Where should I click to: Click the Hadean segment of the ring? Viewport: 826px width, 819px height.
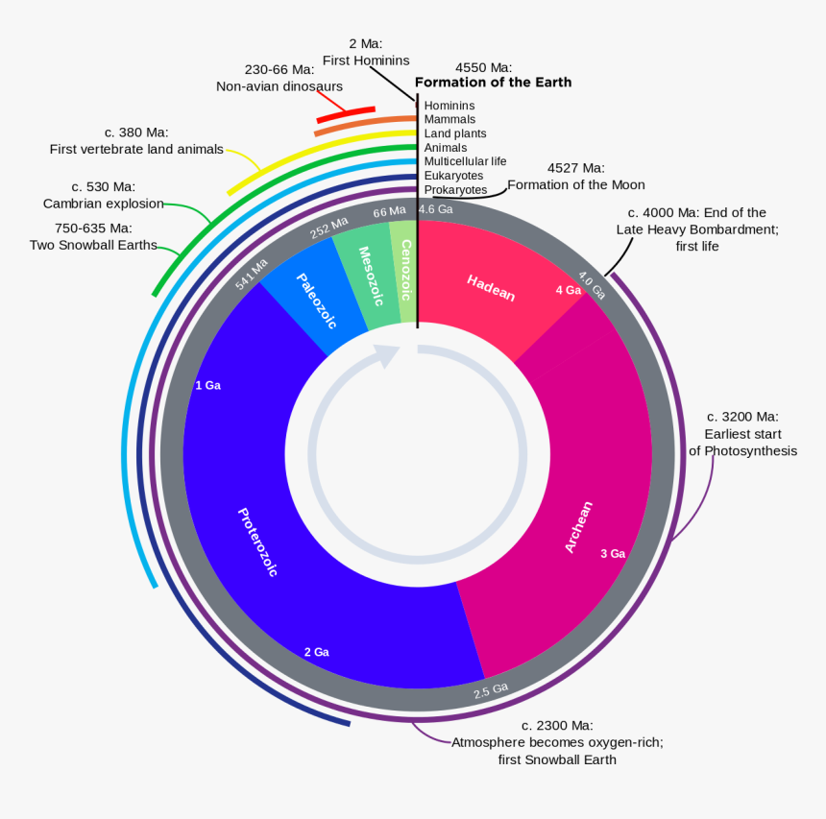coord(491,287)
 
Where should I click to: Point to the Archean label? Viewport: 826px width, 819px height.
coord(579,526)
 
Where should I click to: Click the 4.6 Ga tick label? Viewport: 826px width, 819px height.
coord(435,209)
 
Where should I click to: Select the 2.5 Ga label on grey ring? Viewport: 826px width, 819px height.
coord(491,689)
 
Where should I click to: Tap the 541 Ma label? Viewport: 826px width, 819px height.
coord(253,274)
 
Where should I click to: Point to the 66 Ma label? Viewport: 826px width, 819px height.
coord(389,211)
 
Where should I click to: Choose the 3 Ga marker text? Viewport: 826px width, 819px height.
coord(613,554)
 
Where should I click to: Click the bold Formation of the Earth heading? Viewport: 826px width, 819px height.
coord(493,83)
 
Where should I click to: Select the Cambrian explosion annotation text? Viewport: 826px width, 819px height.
coord(103,204)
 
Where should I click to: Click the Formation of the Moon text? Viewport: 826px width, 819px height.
coord(576,184)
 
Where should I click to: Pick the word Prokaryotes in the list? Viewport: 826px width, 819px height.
coord(455,190)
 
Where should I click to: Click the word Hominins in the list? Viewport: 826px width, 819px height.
coord(449,106)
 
